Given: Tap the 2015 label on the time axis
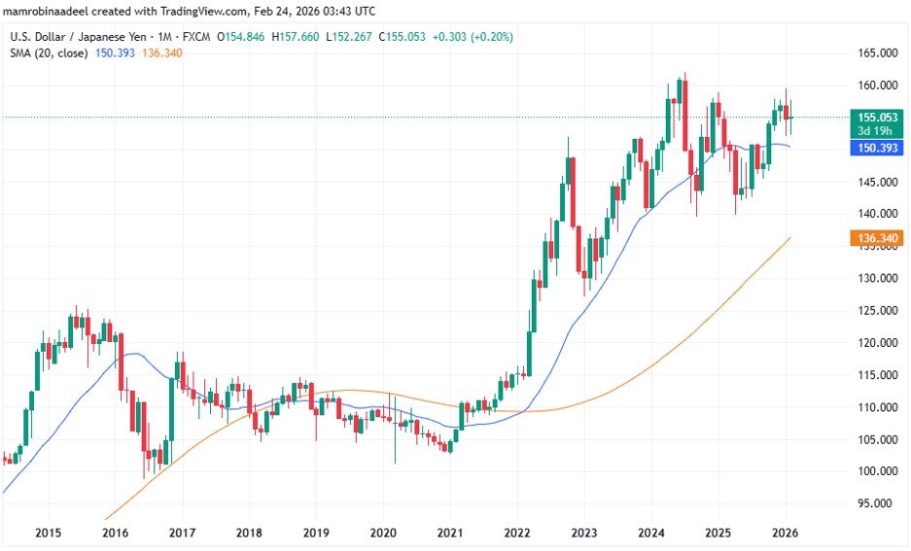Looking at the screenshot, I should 48,533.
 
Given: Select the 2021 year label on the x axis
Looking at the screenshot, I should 449,533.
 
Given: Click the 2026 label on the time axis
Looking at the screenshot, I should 785,533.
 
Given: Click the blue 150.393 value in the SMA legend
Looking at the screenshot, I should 115,52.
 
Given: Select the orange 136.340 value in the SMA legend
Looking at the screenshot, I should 161,52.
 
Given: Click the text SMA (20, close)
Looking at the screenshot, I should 50,52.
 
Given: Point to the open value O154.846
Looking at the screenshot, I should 244,37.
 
